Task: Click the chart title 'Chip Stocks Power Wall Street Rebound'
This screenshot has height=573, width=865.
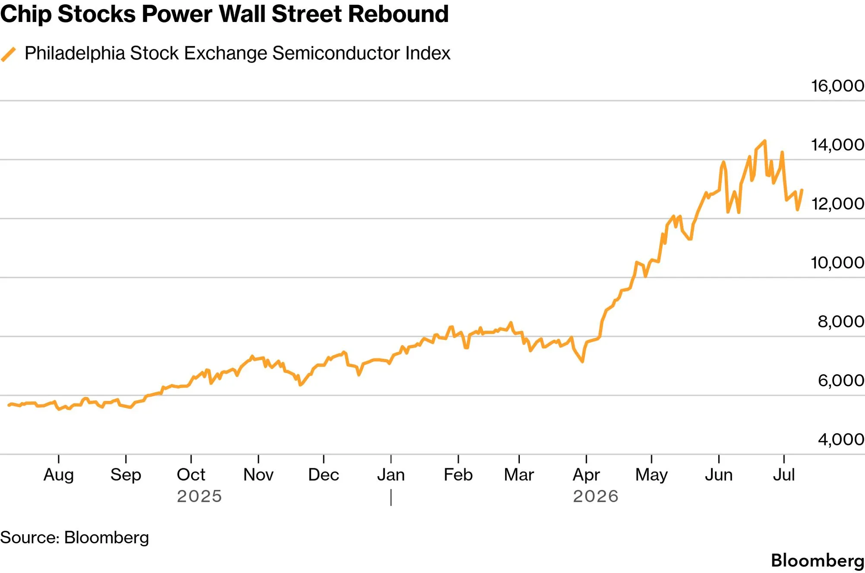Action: (224, 14)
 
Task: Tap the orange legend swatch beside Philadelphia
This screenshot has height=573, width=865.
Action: (8, 54)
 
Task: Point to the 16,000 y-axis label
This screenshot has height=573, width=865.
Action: (837, 86)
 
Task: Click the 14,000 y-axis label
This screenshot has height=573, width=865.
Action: (837, 145)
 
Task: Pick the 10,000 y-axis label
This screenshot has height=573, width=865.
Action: (837, 263)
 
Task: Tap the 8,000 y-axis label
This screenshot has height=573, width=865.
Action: (841, 322)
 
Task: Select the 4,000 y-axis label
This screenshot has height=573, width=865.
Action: (841, 439)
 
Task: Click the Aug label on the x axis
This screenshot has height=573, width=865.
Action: (59, 475)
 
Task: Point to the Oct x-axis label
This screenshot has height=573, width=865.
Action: (191, 475)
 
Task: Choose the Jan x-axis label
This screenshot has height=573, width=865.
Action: (391, 475)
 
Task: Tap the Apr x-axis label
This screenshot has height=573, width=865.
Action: (586, 475)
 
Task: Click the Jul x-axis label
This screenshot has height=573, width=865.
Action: (783, 475)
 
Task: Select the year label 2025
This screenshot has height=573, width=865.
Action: (199, 496)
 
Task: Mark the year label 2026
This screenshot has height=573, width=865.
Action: (595, 496)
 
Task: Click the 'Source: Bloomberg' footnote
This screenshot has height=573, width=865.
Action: (75, 538)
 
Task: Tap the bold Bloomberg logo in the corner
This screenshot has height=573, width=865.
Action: (818, 560)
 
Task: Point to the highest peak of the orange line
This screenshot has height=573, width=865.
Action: (765, 141)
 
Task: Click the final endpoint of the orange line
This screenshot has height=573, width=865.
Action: (802, 190)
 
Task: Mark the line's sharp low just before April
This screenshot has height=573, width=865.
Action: (582, 361)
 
